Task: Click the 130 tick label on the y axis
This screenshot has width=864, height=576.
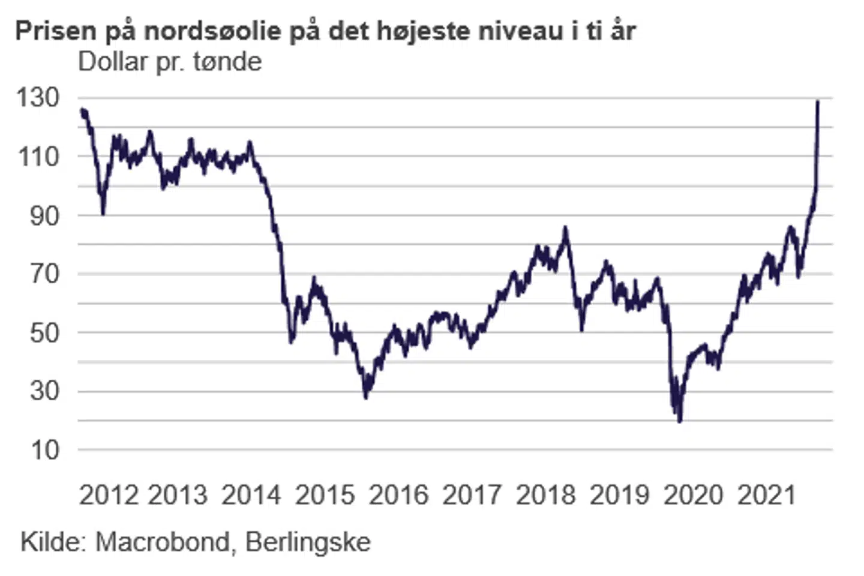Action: coord(38,98)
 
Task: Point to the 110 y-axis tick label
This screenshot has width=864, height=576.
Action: coord(38,157)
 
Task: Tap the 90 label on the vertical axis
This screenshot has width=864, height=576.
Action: coord(45,215)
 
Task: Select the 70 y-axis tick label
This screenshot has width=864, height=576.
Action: coord(45,274)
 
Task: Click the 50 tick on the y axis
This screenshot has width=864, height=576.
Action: coord(45,332)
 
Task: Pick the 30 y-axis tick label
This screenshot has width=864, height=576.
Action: coord(45,391)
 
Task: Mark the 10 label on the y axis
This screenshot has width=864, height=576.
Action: coord(45,449)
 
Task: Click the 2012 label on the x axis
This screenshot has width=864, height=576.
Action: coord(109,495)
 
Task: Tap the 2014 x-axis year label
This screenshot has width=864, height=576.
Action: coord(251,495)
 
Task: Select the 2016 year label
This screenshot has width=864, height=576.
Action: coord(398,495)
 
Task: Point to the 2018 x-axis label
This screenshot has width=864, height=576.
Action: coord(545,495)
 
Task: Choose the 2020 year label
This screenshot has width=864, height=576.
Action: coord(693,495)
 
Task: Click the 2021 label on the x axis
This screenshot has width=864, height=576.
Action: coord(766,495)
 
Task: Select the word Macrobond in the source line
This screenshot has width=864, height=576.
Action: coord(162,542)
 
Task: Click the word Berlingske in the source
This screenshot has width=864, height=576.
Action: coord(308,542)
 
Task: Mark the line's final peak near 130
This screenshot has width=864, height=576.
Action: coord(818,102)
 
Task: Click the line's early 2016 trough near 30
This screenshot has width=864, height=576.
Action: coord(366,397)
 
